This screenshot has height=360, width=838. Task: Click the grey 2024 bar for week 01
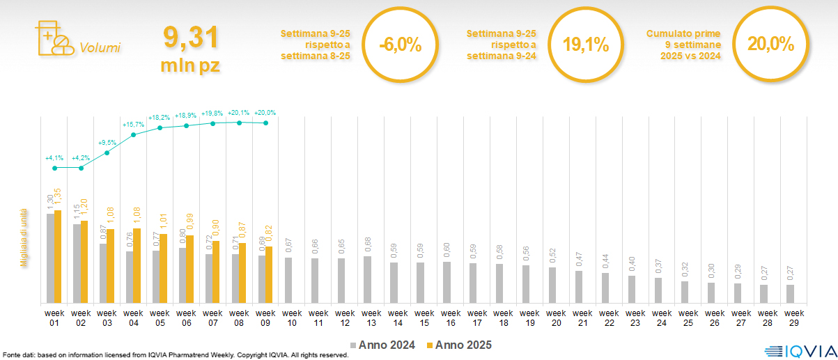pyautogui.click(x=50, y=258)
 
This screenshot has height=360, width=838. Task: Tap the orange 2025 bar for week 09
pyautogui.click(x=269, y=275)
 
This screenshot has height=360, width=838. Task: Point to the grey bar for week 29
pyautogui.click(x=790, y=294)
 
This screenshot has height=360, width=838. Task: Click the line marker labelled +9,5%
pyautogui.click(x=107, y=152)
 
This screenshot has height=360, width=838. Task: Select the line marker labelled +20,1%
pyautogui.click(x=239, y=123)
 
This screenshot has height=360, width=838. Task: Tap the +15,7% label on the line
pyautogui.click(x=133, y=125)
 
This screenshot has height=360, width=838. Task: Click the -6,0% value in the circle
pyautogui.click(x=400, y=45)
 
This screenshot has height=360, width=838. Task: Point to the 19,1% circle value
pyautogui.click(x=585, y=45)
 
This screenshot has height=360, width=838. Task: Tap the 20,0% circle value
pyautogui.click(x=770, y=45)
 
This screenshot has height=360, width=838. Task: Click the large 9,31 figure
pyautogui.click(x=191, y=37)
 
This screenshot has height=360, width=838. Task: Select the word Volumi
pyautogui.click(x=100, y=48)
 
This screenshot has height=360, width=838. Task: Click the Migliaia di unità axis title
pyautogui.click(x=24, y=237)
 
